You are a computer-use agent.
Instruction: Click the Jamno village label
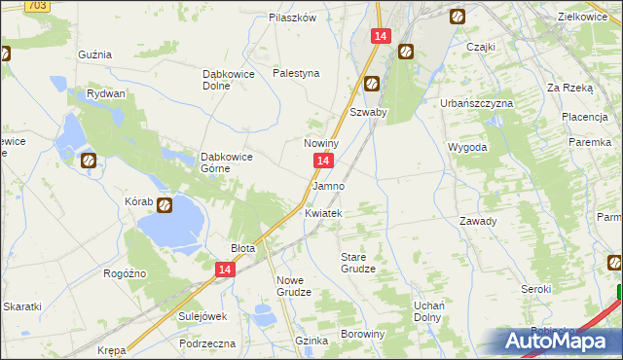328,185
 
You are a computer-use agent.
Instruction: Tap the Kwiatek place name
323,213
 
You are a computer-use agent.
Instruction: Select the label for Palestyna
296,73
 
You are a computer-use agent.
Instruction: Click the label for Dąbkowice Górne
227,162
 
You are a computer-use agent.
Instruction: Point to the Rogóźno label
125,273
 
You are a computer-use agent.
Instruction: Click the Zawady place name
478,221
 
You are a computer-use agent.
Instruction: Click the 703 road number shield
36,6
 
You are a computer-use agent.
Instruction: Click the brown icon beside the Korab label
165,205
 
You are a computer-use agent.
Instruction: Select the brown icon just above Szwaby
372,85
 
